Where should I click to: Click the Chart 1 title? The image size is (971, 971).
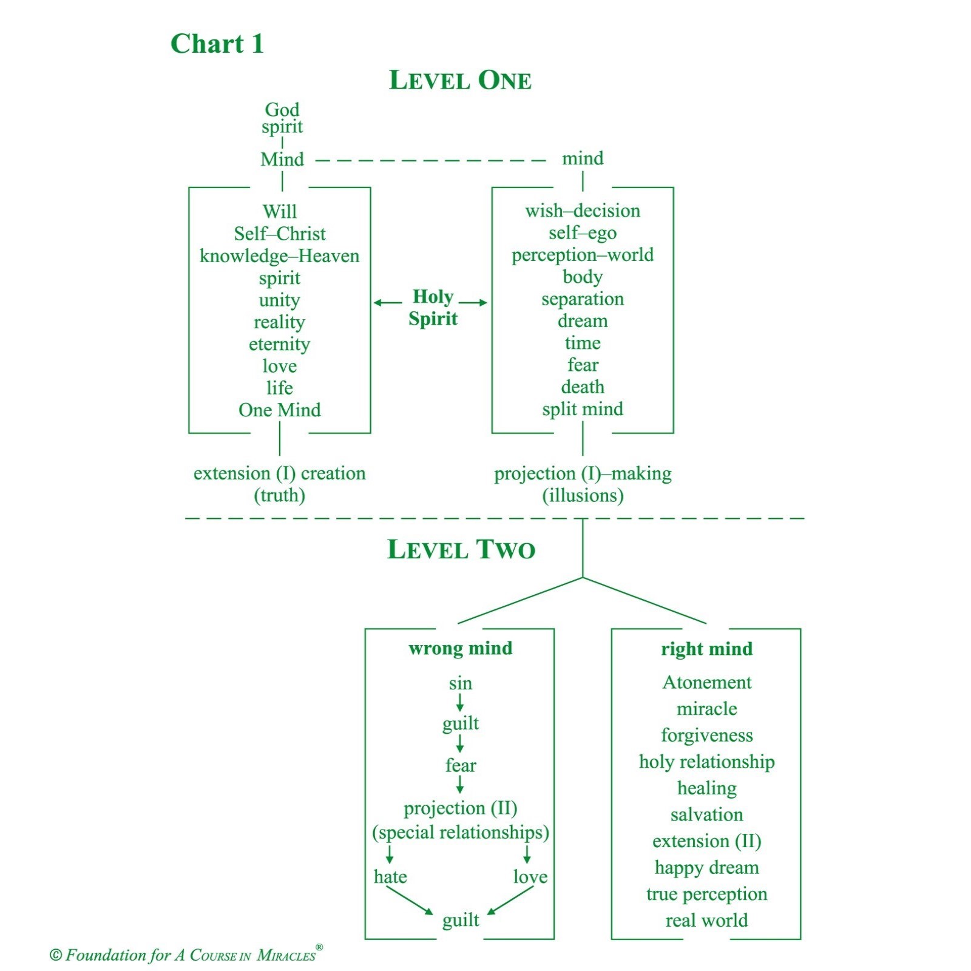217,44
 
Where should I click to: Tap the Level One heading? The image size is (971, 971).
460,80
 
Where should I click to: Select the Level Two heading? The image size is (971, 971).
461,549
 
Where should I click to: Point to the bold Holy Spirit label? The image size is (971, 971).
433,308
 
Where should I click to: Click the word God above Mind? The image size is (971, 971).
282,109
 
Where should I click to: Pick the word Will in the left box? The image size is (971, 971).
280,211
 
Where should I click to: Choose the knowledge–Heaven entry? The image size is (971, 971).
280,256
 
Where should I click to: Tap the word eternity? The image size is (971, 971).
280,344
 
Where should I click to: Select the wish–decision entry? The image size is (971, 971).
583,211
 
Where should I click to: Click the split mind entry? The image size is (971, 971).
583,409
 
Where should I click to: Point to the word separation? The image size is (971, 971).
583,299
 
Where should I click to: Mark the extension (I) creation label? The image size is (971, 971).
280,473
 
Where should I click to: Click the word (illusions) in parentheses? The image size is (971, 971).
583,495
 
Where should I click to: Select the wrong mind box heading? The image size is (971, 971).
461,648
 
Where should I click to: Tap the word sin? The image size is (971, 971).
461,683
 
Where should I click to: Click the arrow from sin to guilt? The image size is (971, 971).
460,702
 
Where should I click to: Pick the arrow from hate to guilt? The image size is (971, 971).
410,901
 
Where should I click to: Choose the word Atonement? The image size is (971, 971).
707,682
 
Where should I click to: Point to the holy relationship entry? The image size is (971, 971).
707,762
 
